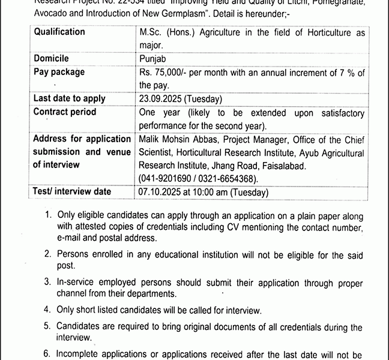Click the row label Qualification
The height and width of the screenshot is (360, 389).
pos(59,32)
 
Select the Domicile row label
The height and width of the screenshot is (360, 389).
pos(51,59)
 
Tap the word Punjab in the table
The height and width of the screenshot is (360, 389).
pos(153,59)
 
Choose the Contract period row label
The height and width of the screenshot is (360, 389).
pos(65,112)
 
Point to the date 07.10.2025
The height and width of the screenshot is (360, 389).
pos(160,192)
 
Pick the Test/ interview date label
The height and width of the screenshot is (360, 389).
pos(72,192)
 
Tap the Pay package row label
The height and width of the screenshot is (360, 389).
pos(59,72)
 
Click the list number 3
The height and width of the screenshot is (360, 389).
pos(47,281)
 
